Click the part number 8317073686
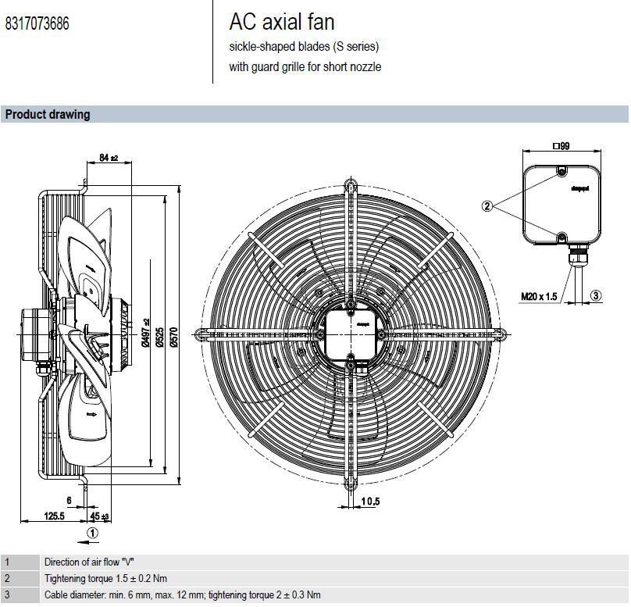pos(37,24)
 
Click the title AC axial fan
pos(282,22)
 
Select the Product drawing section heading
pos(48,115)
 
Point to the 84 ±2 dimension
pos(109,159)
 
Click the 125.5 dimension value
pos(53,516)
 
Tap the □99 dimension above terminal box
pos(561,145)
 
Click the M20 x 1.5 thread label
pos(539,296)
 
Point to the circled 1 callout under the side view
pos(92,534)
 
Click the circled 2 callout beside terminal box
pos(487,206)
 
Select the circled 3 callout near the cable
pos(596,295)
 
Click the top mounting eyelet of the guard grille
pos(351,186)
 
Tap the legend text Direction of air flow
pos(94,562)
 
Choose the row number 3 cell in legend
pos(8,595)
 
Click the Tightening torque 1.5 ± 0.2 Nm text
pos(105,579)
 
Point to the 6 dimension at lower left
pos(69,501)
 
